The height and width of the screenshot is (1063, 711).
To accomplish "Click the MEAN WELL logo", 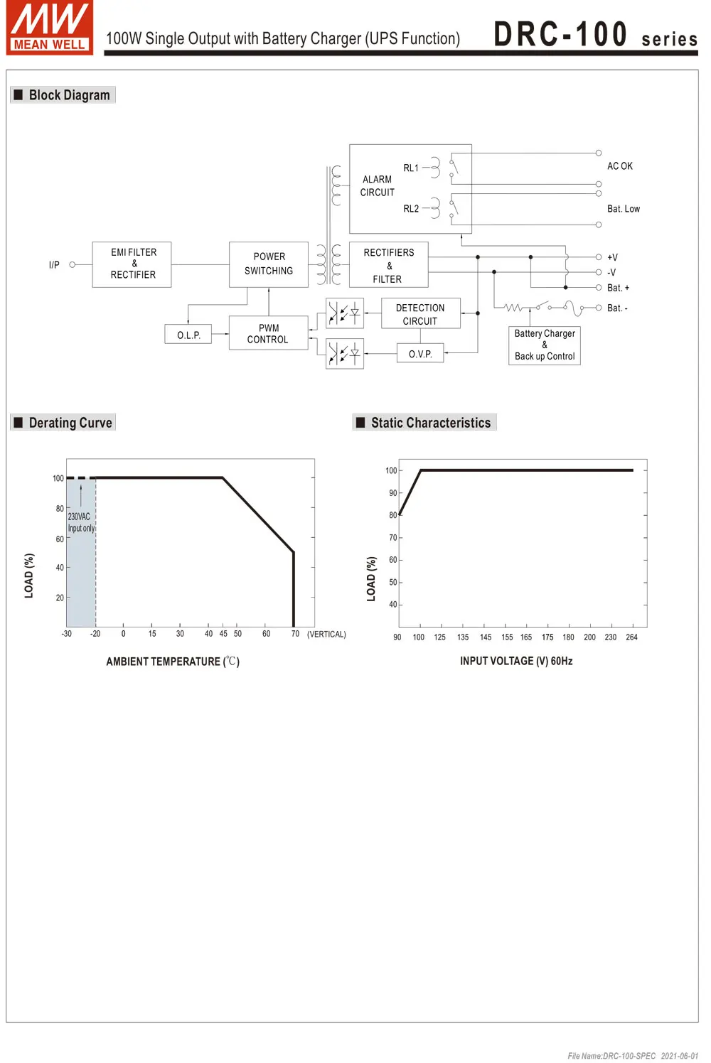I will tap(50, 28).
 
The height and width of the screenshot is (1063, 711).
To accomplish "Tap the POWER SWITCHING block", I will tap(269, 264).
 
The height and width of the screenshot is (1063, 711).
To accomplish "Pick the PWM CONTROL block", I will tap(268, 334).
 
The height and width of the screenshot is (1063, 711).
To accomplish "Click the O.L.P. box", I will tap(188, 335).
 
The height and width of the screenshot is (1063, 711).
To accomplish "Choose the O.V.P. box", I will tap(420, 353).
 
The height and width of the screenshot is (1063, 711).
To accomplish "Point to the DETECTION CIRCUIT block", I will tap(420, 314).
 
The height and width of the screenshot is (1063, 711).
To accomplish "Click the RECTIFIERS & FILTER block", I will tap(388, 266).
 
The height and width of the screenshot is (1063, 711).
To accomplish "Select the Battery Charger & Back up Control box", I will tap(545, 345).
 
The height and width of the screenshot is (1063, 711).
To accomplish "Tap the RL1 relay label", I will tap(411, 168).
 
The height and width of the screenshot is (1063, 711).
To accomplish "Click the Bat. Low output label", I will tap(624, 209).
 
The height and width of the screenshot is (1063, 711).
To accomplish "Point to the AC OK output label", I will tap(620, 166).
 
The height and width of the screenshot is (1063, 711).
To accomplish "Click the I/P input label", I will tap(54, 265).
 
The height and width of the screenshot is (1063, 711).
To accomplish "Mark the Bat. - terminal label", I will tap(617, 308).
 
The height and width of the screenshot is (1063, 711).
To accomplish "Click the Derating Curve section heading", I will tap(70, 423).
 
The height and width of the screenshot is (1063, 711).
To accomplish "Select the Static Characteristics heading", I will tap(431, 423).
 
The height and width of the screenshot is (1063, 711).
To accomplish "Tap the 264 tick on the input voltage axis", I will tap(631, 637).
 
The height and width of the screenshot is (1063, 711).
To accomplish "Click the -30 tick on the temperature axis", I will tap(66, 634).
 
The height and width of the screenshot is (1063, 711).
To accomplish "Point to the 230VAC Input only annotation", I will tap(80, 522).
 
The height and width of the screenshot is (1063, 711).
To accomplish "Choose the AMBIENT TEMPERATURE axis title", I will tap(173, 662).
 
